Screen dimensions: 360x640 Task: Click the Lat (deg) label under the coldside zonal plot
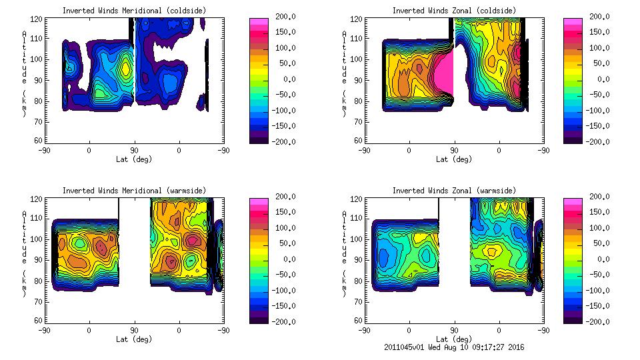click(453, 159)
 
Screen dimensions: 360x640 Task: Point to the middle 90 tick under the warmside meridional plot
click(134, 330)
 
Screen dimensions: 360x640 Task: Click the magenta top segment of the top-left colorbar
click(258, 21)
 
